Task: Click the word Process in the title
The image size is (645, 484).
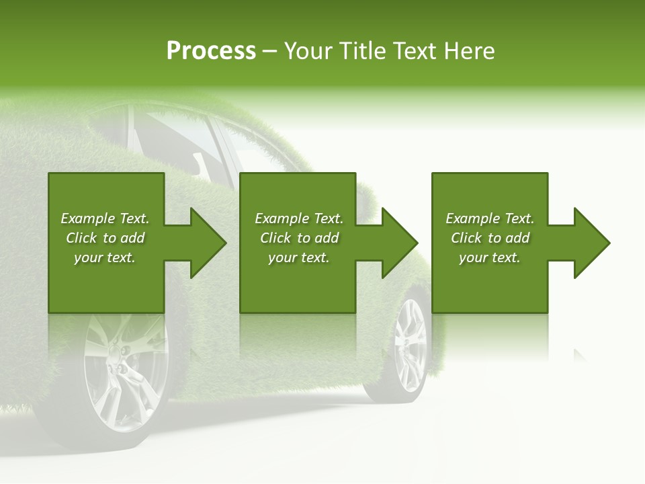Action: [211, 51]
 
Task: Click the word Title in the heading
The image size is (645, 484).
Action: [362, 51]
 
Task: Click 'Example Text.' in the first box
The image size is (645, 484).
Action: [105, 218]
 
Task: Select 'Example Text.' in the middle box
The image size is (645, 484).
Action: [299, 218]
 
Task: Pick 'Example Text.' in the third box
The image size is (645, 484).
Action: [490, 218]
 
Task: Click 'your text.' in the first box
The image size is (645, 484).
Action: [105, 257]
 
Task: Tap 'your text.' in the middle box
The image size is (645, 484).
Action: [299, 257]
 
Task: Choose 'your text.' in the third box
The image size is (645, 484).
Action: [490, 257]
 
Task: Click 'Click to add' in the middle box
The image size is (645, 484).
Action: [299, 238]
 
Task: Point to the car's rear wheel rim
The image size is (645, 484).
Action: [411, 343]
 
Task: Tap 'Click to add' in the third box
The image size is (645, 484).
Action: [490, 238]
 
